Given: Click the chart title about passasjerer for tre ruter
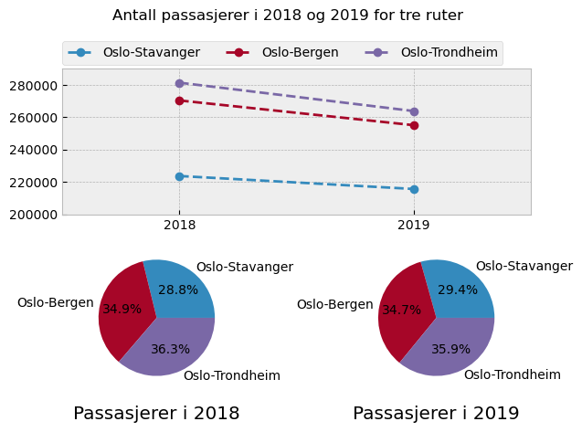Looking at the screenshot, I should [288, 16].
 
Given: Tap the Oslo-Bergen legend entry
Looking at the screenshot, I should [300, 52].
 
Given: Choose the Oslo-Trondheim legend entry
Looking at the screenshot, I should [449, 52].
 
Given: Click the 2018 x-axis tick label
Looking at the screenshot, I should [180, 226].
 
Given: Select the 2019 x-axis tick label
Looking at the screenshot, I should [414, 226].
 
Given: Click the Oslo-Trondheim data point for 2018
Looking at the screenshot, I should [180, 83].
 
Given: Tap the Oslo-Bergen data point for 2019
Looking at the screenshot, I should [414, 125].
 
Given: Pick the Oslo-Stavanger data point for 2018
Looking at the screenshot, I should [180, 176].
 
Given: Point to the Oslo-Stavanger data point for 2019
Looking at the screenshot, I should [414, 189].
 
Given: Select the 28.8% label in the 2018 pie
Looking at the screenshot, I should [178, 290].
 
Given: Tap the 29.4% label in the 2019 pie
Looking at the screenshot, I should [458, 290].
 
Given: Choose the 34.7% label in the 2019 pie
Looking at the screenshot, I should [401, 310].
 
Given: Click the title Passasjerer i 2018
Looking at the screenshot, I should [156, 414].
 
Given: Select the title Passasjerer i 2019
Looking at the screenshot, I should [436, 414].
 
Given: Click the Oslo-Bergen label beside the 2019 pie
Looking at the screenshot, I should [334, 304].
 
